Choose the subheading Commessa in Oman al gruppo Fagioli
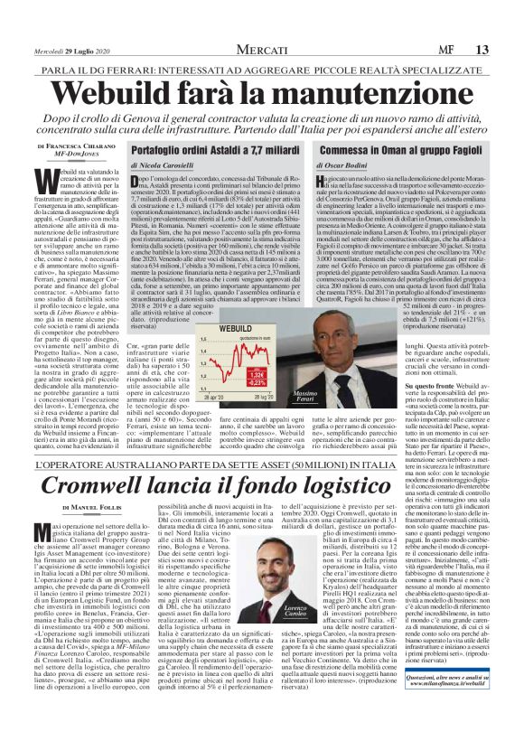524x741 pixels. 398,150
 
